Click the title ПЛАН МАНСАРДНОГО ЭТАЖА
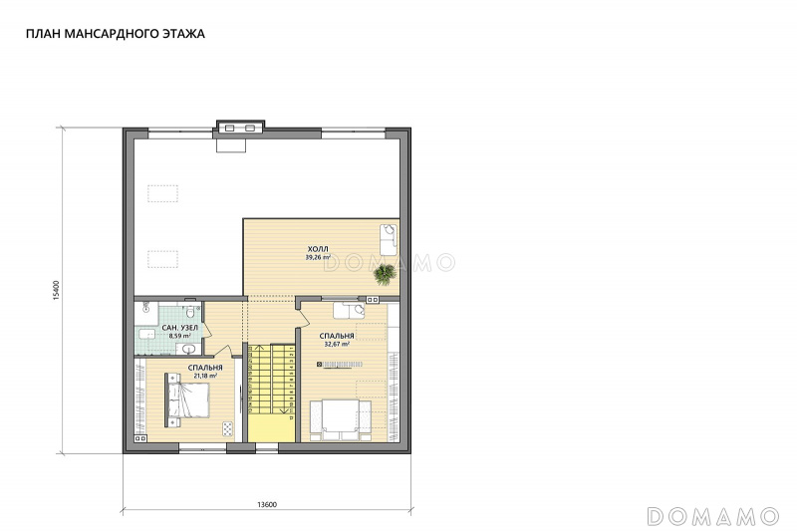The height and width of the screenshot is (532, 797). click(116, 34)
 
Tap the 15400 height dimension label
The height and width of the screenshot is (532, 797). click(57, 291)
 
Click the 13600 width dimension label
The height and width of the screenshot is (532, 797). click(267, 504)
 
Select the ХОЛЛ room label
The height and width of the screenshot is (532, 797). click(318, 249)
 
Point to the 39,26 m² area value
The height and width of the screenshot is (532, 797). click(318, 257)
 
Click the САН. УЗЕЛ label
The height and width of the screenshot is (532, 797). click(180, 328)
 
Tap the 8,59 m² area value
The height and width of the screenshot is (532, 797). click(180, 336)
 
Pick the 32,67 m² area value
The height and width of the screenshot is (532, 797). click(337, 344)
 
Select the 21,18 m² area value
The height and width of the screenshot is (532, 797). click(205, 376)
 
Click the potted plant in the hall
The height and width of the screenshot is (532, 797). click(385, 274)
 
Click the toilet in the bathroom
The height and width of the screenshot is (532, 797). click(190, 311)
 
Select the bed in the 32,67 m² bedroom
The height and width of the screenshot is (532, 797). click(340, 419)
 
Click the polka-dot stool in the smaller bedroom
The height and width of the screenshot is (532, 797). click(228, 428)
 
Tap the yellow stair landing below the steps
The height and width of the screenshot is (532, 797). click(271, 428)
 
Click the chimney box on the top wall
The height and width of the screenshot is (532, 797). click(240, 128)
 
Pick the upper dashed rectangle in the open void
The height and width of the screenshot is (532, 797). click(163, 194)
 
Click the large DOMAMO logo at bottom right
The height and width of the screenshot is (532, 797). click(713, 516)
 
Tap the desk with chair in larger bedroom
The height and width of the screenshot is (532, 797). click(349, 311)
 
